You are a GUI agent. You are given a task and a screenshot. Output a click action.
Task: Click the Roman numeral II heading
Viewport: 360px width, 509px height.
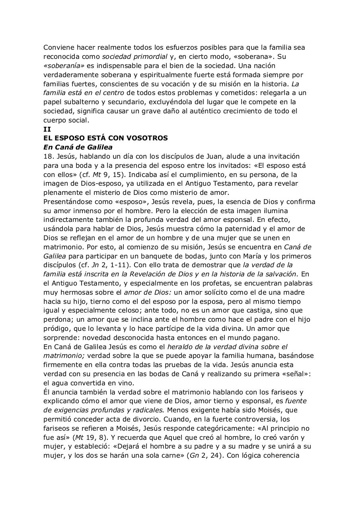point(47,129)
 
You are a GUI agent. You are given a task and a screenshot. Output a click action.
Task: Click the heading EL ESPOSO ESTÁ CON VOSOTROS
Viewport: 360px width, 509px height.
point(105,138)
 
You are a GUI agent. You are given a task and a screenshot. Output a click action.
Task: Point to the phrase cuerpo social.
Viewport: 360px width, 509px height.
point(66,120)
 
